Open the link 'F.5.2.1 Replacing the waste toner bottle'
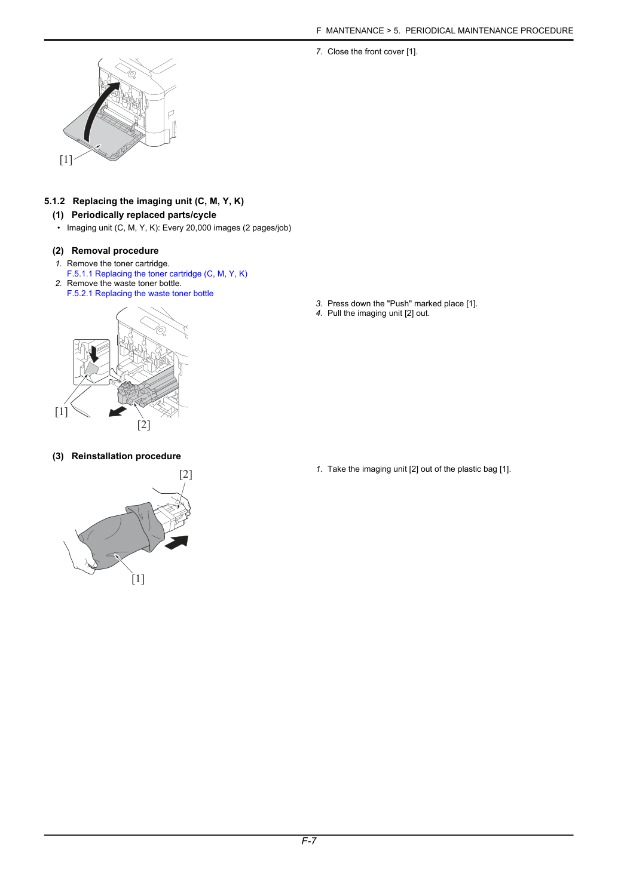coord(140,293)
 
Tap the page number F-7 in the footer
coord(308,841)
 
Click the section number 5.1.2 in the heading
coord(54,201)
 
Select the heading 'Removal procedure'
coord(115,251)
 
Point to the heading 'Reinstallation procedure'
coord(126,456)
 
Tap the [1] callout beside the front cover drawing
coord(66,159)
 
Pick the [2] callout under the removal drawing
coord(143,425)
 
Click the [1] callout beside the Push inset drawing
coord(61,411)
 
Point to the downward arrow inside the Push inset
coord(94,352)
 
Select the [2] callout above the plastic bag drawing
coord(186,474)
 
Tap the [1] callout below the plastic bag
coord(138,579)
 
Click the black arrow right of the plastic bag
coord(177,543)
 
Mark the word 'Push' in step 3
coord(399,303)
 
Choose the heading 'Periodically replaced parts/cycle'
coord(144,215)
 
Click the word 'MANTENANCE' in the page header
coord(354,31)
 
